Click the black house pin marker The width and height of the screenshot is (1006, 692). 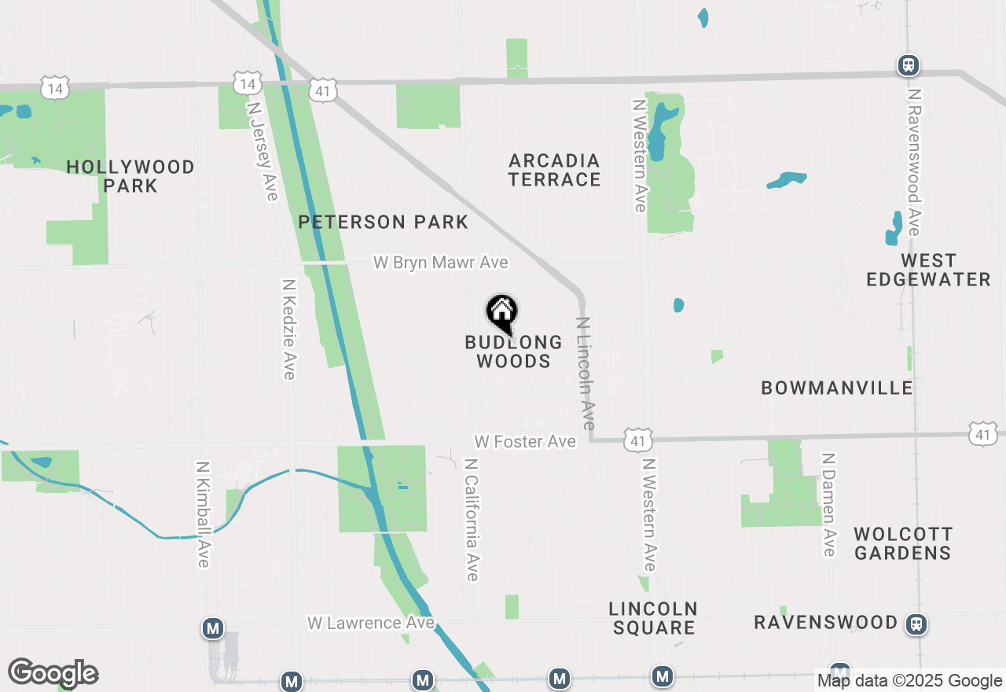coord(501,312)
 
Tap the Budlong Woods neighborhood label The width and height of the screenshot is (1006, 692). coord(513,352)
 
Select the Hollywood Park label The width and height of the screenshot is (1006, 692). coord(130,176)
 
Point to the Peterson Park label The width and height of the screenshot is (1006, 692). coord(384,223)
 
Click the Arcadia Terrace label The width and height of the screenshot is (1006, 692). coord(554,170)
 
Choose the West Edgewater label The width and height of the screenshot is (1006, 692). coord(928,270)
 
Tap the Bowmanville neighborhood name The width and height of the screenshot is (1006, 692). coord(837,388)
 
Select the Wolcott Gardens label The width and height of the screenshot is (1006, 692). coord(903,543)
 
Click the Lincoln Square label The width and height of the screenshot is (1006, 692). coord(653,618)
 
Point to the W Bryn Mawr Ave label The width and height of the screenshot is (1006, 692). coord(440,263)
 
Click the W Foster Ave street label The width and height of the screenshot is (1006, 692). coord(525,442)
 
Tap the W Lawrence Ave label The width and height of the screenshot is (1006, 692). coord(371,623)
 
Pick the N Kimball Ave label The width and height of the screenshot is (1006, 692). coord(203,513)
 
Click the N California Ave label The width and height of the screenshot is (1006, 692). coord(472,520)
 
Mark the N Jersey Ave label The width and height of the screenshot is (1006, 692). coord(263,150)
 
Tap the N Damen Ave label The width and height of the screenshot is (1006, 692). coord(828,504)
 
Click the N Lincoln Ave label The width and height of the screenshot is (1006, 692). coord(586,373)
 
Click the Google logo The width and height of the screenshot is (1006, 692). coord(53,673)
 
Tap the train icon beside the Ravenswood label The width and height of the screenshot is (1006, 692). coord(916,624)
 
